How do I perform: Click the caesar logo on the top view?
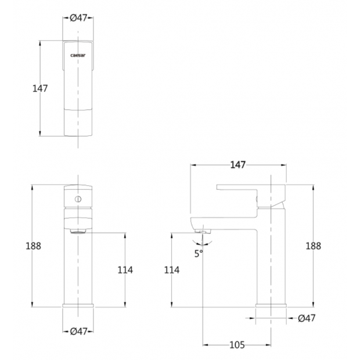78,55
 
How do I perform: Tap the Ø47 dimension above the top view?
78,17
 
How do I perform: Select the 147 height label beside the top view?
40,88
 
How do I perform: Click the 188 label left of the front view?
33,246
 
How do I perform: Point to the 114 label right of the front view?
125,270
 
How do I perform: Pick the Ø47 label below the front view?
78,332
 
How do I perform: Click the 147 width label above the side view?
238,165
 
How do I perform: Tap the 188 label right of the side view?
313,246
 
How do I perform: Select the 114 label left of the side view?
172,270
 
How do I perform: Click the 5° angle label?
199,254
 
